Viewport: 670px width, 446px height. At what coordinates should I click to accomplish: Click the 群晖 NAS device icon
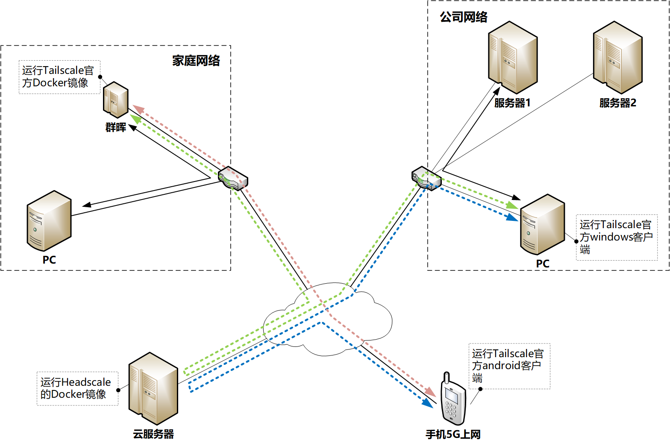pyautogui.click(x=116, y=100)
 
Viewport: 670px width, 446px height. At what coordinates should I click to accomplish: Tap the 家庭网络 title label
pyautogui.click(x=196, y=61)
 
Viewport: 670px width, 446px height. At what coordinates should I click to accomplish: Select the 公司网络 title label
pyautogui.click(x=464, y=17)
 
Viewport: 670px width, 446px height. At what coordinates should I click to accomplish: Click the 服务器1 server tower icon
pyautogui.click(x=513, y=57)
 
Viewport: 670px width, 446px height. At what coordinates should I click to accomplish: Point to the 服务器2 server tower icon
pyautogui.click(x=617, y=57)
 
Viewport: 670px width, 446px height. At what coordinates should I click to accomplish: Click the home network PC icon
pyautogui.click(x=49, y=221)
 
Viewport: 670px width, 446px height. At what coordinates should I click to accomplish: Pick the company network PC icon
pyautogui.click(x=543, y=225)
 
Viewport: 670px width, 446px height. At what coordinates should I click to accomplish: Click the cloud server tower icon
pyautogui.click(x=153, y=388)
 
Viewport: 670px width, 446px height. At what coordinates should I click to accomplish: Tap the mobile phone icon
pyautogui.click(x=453, y=399)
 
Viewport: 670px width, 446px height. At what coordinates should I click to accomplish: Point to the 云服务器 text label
pyautogui.click(x=153, y=434)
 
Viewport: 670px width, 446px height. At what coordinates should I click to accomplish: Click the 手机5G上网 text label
pyautogui.click(x=453, y=434)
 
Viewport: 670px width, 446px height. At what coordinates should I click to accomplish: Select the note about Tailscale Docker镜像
pyautogui.click(x=59, y=77)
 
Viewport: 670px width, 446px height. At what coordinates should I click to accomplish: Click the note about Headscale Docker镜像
pyautogui.click(x=77, y=388)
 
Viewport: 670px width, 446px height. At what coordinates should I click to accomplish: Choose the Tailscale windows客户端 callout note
pyautogui.click(x=616, y=237)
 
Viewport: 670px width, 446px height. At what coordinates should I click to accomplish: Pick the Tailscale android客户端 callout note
pyautogui.click(x=509, y=366)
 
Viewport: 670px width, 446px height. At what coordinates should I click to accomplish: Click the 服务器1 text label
pyautogui.click(x=512, y=103)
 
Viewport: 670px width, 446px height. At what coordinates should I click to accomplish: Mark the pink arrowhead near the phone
pyautogui.click(x=430, y=392)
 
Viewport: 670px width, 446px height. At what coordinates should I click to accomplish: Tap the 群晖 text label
pyautogui.click(x=116, y=127)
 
